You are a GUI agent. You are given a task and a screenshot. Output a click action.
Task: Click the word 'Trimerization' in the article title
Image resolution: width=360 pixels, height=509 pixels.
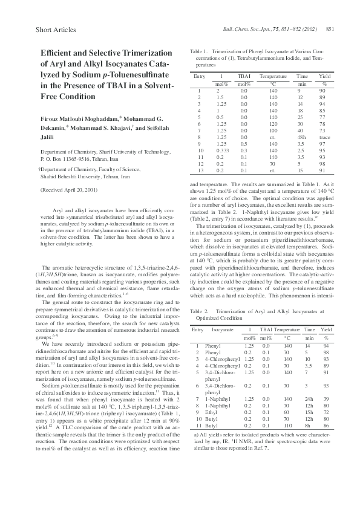point(137,53)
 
